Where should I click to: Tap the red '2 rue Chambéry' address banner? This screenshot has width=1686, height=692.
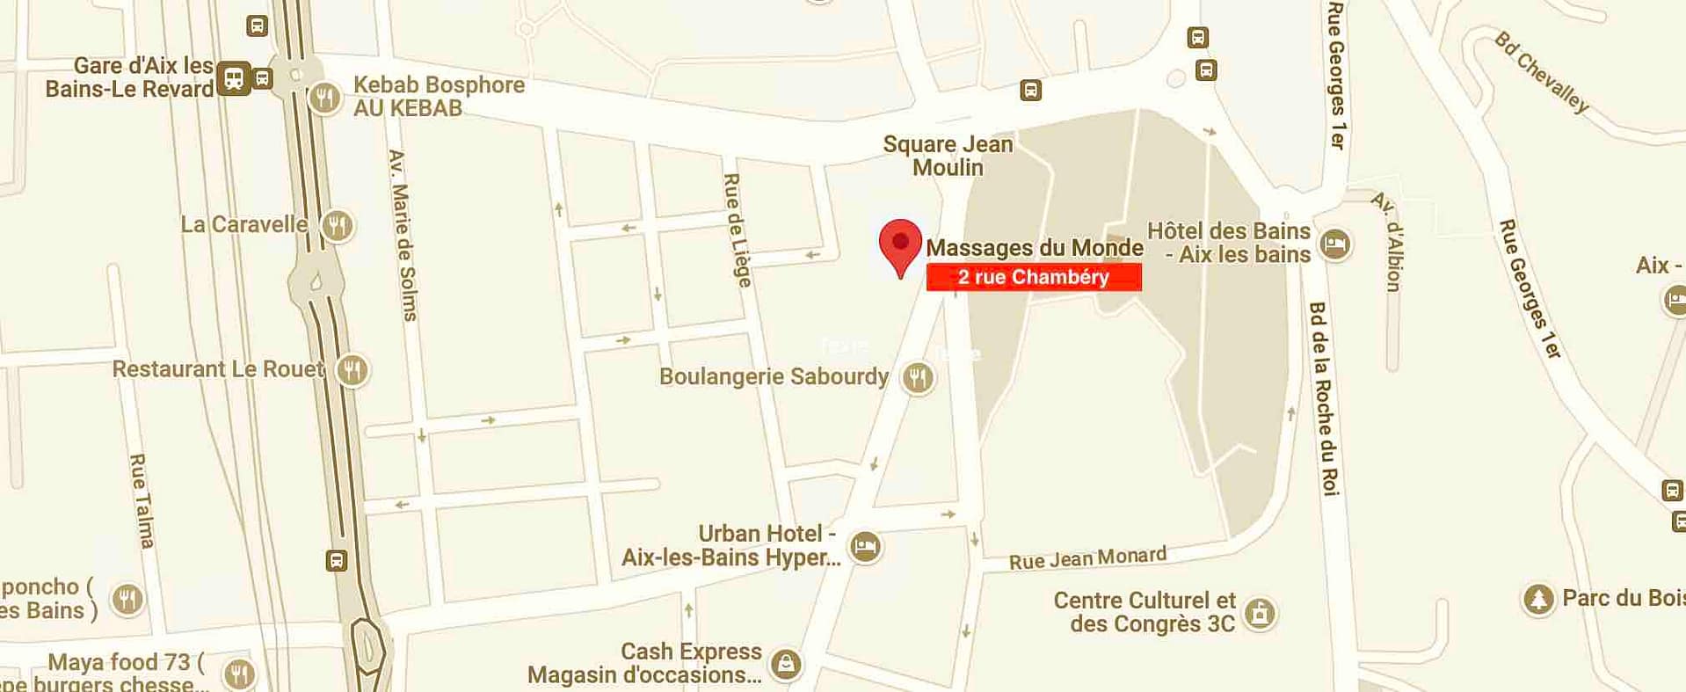[1034, 277]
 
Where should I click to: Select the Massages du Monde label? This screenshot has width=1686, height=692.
[1035, 248]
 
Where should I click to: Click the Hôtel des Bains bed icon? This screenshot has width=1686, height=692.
[1335, 244]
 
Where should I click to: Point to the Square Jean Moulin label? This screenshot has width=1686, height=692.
[948, 156]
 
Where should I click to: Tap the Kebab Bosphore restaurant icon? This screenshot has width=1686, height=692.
[325, 97]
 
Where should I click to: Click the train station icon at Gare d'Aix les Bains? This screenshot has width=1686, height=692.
[234, 78]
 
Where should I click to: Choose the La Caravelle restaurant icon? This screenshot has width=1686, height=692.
[337, 225]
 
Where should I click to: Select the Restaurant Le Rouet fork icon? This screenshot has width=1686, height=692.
[352, 369]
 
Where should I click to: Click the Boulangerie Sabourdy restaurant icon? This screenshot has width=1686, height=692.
[918, 377]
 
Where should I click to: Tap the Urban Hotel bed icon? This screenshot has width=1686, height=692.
[866, 546]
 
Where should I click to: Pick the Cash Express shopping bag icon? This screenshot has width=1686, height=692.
[786, 663]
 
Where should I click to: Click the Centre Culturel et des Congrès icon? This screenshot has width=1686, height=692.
[1260, 613]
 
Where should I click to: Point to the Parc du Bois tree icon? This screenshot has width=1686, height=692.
[1538, 599]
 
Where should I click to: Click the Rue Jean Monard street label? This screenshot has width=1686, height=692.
[1087, 558]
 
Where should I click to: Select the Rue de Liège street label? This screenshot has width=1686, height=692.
[736, 230]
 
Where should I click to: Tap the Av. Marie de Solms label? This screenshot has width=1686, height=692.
[403, 235]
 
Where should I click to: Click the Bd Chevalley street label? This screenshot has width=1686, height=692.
[1543, 73]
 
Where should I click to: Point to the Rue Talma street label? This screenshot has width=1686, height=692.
[142, 500]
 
